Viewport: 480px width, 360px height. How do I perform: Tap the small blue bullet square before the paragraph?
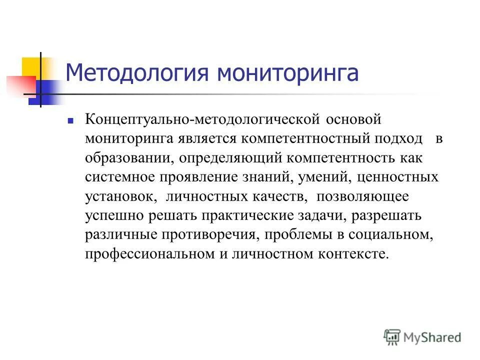click(x=70, y=120)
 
